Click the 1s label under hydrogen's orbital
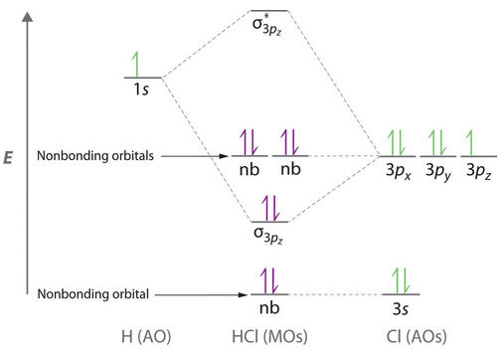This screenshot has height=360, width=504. tap(141, 89)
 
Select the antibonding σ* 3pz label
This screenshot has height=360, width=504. tap(267, 25)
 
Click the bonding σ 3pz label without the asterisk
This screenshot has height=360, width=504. tap(268, 235)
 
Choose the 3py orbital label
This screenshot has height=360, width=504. tap(438, 171)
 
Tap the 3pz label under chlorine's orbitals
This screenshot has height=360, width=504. tap(479, 170)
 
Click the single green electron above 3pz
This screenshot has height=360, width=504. tap(469, 143)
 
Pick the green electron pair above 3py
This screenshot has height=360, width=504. tap(437, 143)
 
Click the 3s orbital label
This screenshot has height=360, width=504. tap(401, 309)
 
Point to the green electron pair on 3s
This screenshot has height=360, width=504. tap(402, 280)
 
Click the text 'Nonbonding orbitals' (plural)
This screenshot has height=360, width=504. tap(95, 155)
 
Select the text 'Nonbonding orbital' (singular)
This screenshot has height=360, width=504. tap(93, 294)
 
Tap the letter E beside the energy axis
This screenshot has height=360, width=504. tap(8, 157)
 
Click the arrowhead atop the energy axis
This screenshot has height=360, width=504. tap(28, 17)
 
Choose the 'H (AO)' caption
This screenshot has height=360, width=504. tap(146, 336)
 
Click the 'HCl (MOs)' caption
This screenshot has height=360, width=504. tap(269, 336)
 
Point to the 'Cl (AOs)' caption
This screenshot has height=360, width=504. tap(417, 336)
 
